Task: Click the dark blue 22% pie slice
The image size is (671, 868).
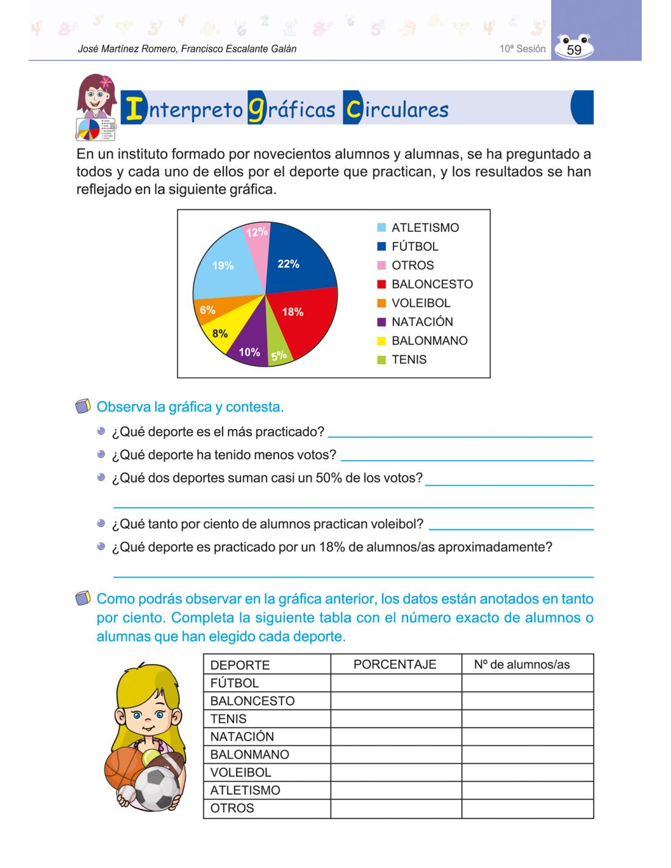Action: click(x=299, y=259)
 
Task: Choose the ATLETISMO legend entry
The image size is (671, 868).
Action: click(x=425, y=228)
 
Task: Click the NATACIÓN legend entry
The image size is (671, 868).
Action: click(x=422, y=322)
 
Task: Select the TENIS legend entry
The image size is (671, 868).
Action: click(x=409, y=360)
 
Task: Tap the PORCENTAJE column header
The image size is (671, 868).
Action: click(x=395, y=664)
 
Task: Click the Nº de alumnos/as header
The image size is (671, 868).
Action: click(x=522, y=664)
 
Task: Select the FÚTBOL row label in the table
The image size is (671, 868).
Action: click(x=235, y=683)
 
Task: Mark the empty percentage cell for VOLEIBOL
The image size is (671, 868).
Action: click(x=396, y=772)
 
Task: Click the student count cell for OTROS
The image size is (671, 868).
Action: click(x=527, y=808)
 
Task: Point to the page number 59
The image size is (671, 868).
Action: click(x=574, y=50)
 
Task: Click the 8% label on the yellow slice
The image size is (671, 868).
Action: click(x=220, y=333)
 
